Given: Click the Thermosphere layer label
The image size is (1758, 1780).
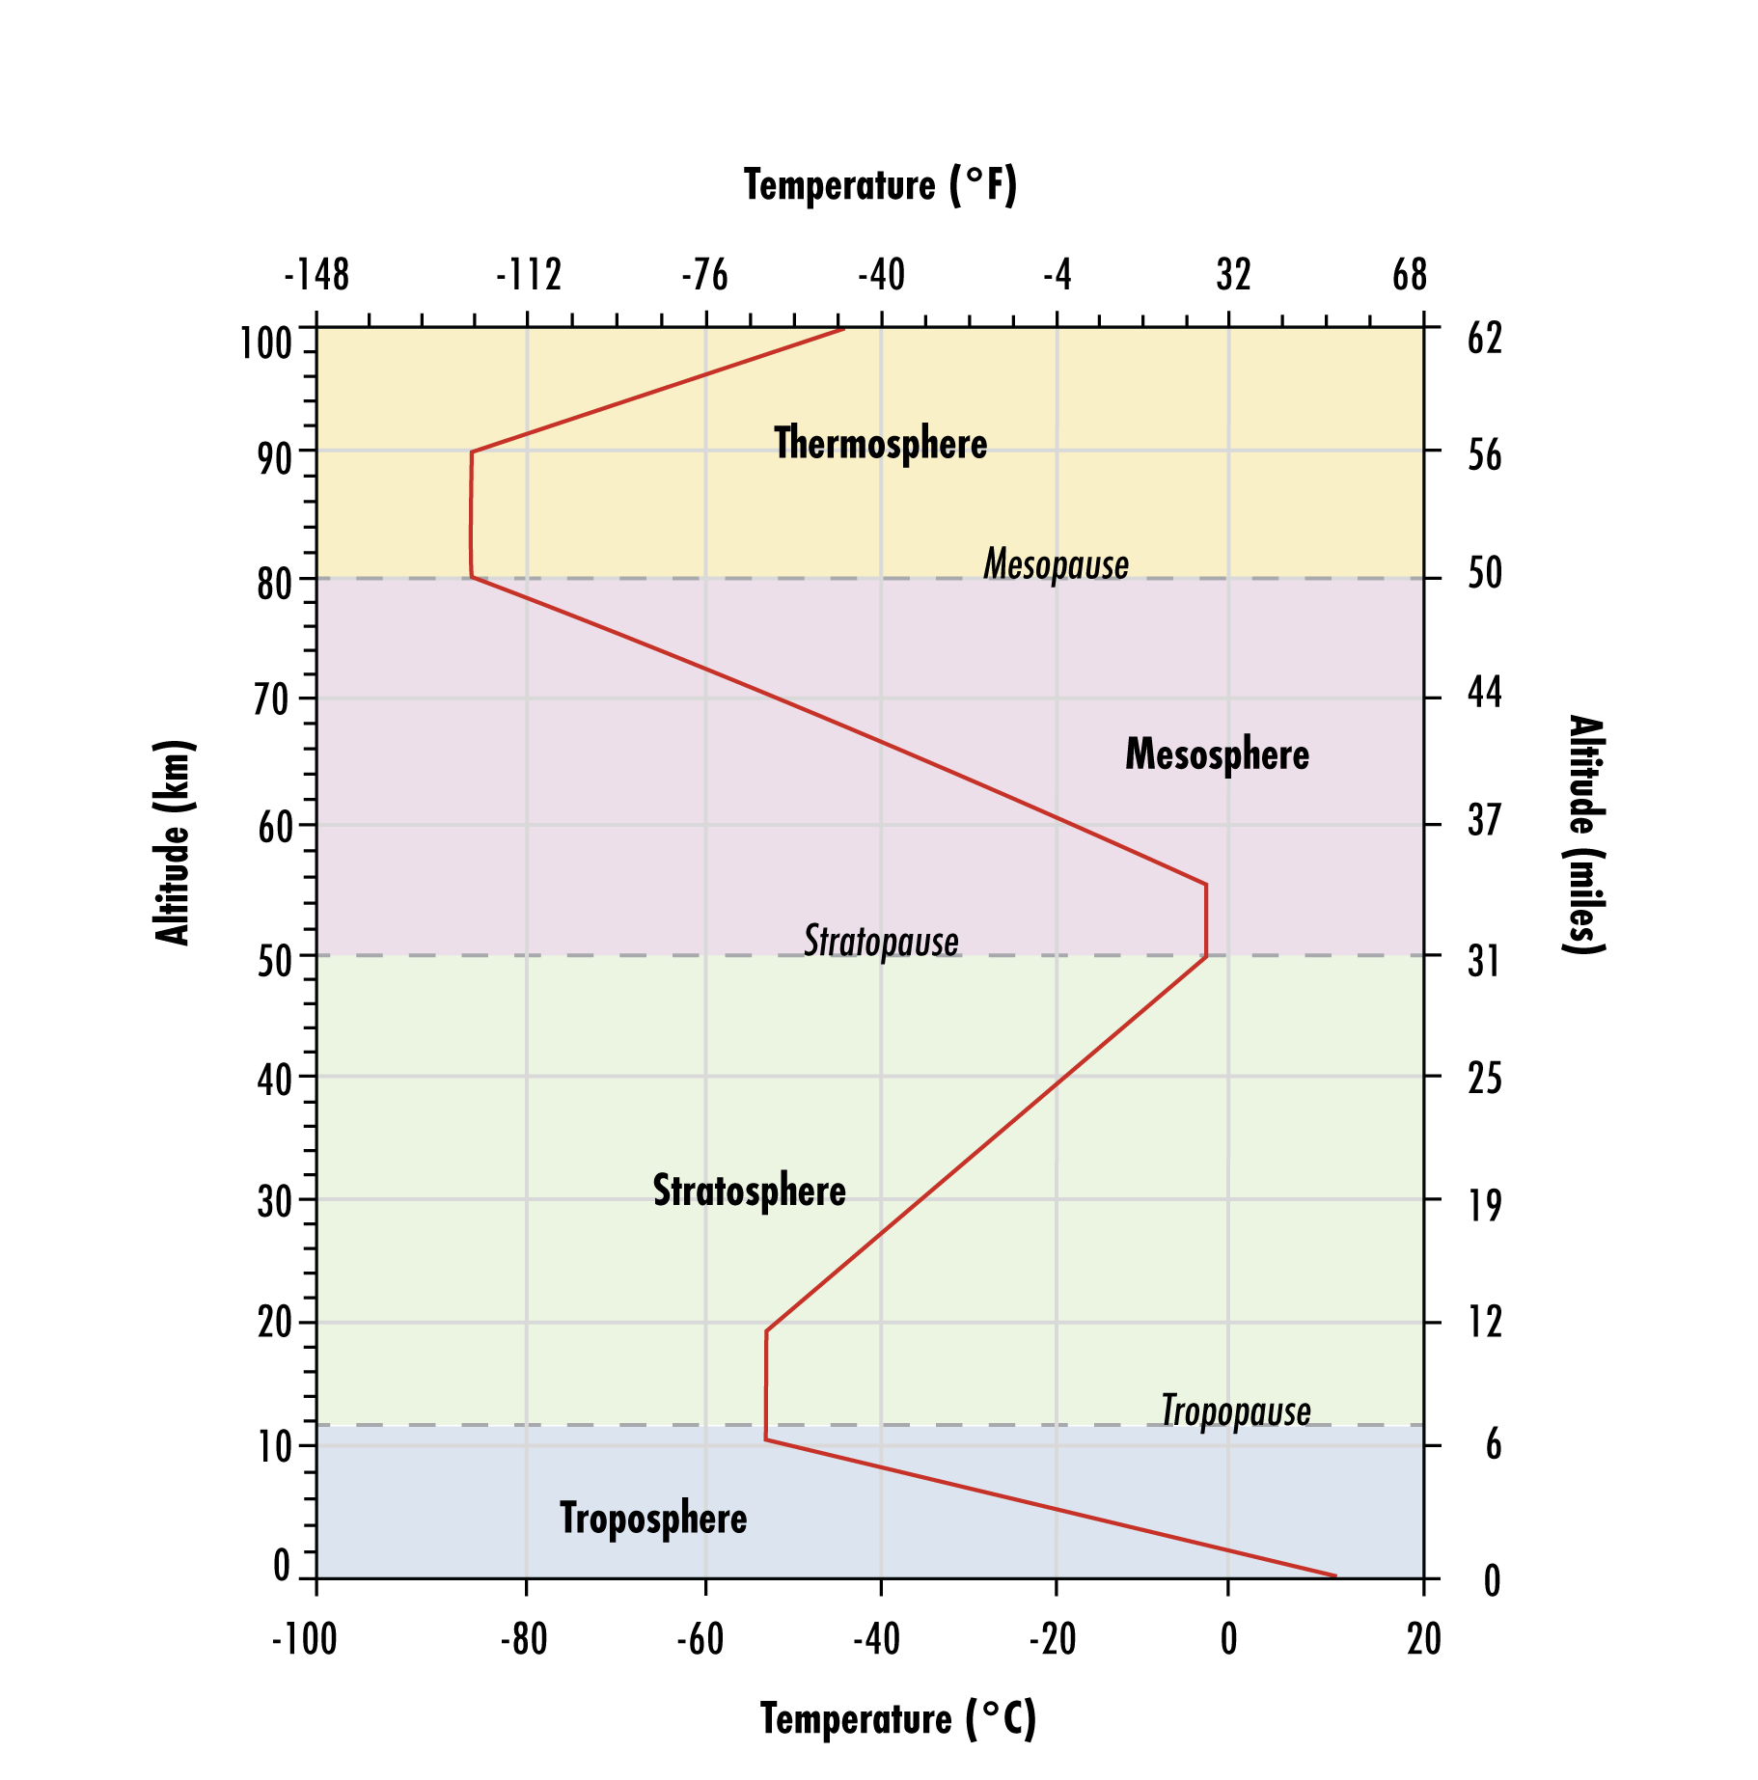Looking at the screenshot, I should [x=880, y=444].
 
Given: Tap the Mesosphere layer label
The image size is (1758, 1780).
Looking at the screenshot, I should [x=1217, y=754].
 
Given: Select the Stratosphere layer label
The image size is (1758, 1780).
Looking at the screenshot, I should [x=749, y=1191].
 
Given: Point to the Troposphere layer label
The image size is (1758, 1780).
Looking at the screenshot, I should [x=653, y=1519].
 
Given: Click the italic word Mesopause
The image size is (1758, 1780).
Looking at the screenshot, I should [x=1056, y=564].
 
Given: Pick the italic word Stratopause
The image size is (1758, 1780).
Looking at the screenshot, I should [x=881, y=942].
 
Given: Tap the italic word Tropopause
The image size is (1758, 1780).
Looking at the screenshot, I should [x=1235, y=1410].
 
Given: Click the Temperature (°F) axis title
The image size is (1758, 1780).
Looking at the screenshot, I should [x=880, y=185].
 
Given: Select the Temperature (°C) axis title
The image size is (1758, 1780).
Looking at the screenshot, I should [x=897, y=1718].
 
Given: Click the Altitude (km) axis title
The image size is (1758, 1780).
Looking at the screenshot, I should [x=174, y=842].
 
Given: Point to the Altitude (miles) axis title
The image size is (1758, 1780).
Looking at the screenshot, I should [x=1583, y=835].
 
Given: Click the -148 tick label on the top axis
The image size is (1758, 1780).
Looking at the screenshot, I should [x=316, y=276].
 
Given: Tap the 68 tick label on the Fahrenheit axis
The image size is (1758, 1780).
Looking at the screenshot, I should [x=1409, y=276].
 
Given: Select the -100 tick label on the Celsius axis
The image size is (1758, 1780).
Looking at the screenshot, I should [x=304, y=1639].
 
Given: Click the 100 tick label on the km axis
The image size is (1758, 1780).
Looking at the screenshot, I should [x=265, y=343].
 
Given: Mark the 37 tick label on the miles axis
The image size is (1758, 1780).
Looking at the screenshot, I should [x=1485, y=821].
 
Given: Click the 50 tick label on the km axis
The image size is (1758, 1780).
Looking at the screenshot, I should [x=274, y=961].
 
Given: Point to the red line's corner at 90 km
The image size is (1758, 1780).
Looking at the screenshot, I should [x=472, y=452].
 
